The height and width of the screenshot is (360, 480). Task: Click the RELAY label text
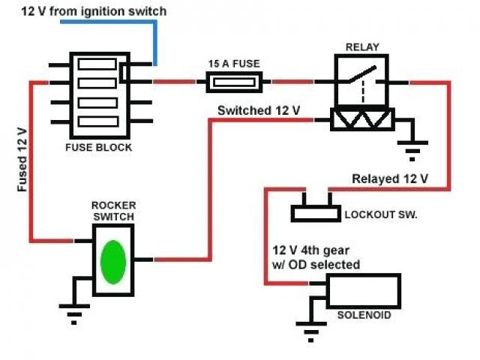point(362,47)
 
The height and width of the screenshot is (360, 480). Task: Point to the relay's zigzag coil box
point(362,120)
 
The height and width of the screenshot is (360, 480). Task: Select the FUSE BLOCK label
point(99,148)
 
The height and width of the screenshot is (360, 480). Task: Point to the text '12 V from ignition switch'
point(94,11)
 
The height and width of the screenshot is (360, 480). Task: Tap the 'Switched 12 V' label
point(259,110)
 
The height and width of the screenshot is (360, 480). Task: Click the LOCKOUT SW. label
point(381,214)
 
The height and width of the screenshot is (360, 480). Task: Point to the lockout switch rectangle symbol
point(314,211)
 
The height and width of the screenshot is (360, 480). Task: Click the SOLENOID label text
point(364,315)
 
